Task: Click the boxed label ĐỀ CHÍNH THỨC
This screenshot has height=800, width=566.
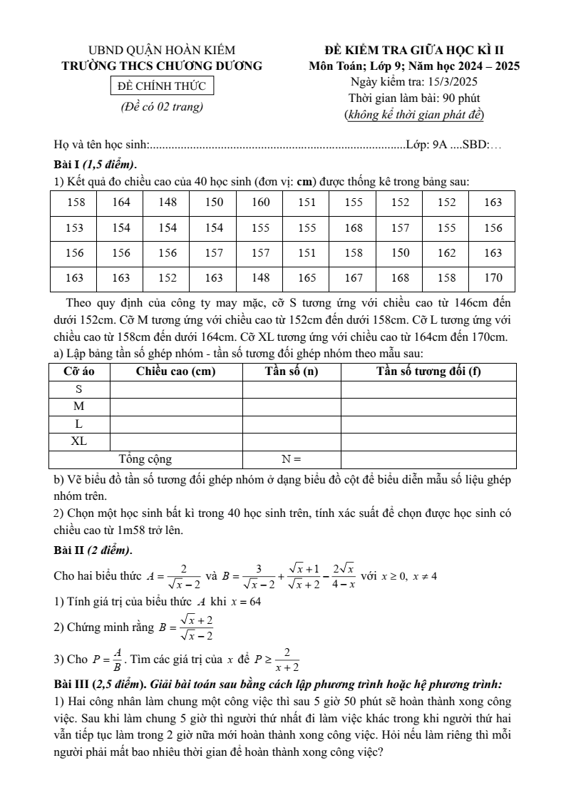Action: coord(161,86)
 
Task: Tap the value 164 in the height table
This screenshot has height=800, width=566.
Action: coord(121,202)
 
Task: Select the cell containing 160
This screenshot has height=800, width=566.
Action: coord(261,202)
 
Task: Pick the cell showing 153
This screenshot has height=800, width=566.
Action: coord(75,227)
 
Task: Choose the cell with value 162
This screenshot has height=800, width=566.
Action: coord(446,252)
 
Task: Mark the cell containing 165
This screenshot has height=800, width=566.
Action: coord(307,277)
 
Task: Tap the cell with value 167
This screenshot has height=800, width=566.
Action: coord(354,277)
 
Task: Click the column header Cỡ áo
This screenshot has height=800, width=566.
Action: coord(78,371)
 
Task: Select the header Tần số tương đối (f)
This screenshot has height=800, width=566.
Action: coord(428,371)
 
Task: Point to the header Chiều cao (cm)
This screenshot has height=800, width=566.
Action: coord(175,371)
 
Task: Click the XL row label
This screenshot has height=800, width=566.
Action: coord(78,441)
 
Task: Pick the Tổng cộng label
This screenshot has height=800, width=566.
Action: coord(145,459)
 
